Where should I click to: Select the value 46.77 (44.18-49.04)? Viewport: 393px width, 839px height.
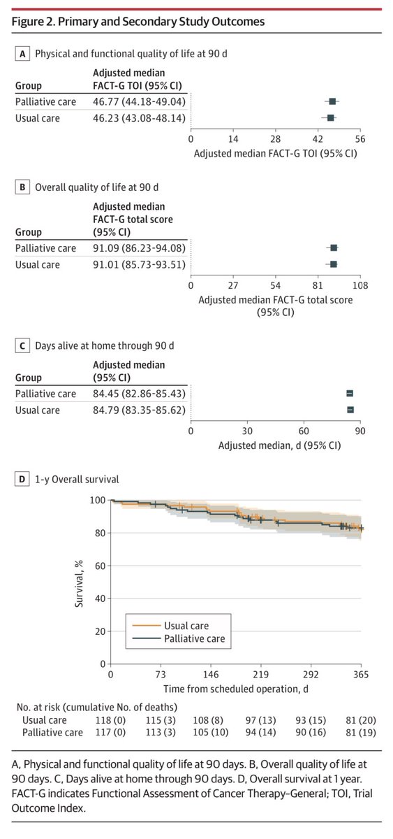[139, 102]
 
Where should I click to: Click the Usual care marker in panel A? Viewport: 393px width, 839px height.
[331, 118]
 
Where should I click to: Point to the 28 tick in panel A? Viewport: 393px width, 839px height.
[276, 139]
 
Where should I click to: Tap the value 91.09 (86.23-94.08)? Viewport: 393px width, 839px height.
[139, 248]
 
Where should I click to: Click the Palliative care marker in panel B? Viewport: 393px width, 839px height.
[334, 248]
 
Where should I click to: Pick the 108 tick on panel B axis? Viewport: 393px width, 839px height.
[360, 285]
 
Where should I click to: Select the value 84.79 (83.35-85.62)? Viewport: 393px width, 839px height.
[139, 410]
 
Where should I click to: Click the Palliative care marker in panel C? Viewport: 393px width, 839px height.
[350, 394]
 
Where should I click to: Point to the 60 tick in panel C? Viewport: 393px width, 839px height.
[304, 431]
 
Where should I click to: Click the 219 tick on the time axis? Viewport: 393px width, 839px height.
[260, 675]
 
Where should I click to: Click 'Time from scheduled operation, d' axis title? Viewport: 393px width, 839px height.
[236, 689]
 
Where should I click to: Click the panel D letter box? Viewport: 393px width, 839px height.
[23, 480]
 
